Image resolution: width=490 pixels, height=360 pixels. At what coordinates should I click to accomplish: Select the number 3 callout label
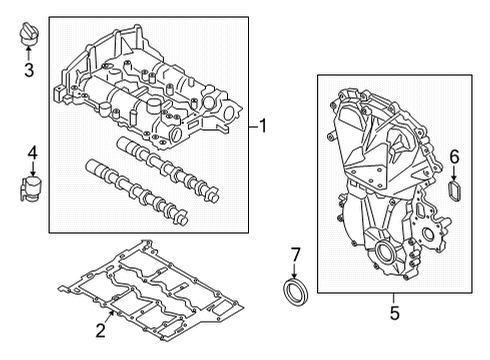pyautogui.click(x=29, y=70)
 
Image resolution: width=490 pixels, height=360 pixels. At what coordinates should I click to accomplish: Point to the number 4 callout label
pyautogui.click(x=31, y=153)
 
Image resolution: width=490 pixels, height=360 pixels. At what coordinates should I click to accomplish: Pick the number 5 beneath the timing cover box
pyautogui.click(x=393, y=313)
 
